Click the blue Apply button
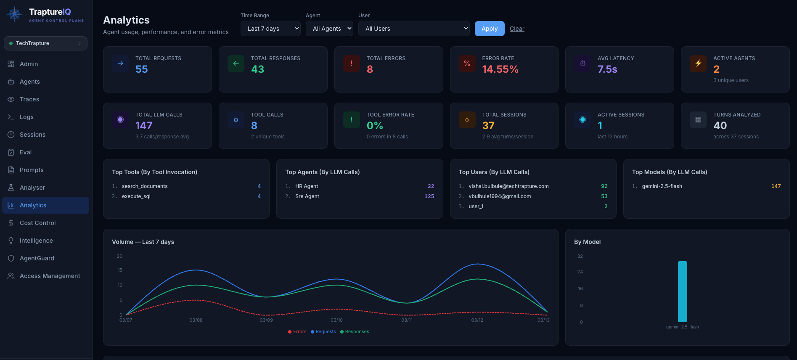tap(489, 29)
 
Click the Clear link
tap(517, 29)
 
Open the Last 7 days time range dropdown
tap(270, 29)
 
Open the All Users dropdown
tap(413, 29)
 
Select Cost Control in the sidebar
tap(37, 223)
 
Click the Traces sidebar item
tap(29, 99)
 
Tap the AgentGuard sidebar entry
tap(37, 258)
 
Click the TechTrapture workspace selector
tap(45, 43)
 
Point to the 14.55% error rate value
tap(500, 69)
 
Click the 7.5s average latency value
tap(607, 69)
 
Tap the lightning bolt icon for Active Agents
tap(698, 64)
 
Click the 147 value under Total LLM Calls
tap(144, 126)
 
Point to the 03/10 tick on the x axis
tap(336, 320)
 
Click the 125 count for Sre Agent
tap(429, 196)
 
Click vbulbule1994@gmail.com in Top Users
tap(500, 196)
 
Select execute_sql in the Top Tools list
tap(136, 196)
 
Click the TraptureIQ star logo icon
tap(15, 14)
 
